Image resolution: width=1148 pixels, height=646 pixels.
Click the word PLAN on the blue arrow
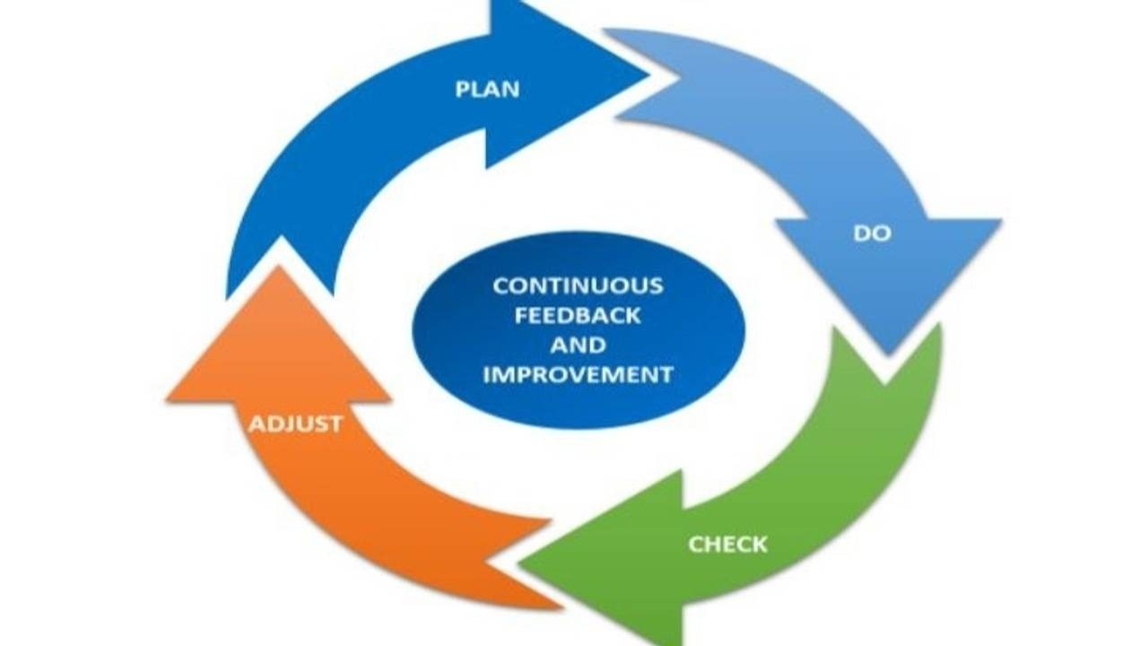[x=487, y=90]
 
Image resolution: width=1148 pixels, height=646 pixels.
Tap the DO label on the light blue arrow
[x=872, y=233]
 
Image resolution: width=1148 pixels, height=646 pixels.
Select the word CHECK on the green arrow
[x=727, y=544]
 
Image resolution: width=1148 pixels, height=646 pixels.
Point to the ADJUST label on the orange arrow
[x=295, y=423]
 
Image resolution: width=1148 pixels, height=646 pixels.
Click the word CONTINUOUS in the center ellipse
[x=578, y=286]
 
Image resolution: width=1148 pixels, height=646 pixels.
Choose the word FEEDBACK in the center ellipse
[x=578, y=316]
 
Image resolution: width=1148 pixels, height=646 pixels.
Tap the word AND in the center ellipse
[x=578, y=345]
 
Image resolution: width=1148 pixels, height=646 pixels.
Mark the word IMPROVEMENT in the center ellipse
[x=578, y=375]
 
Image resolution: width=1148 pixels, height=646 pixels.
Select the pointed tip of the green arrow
[x=522, y=563]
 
